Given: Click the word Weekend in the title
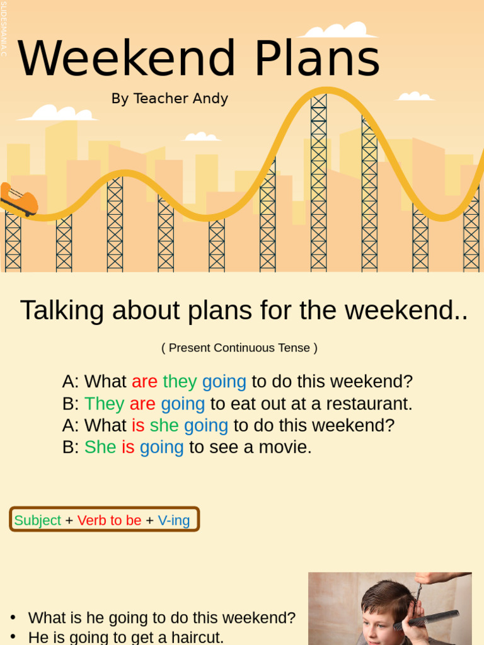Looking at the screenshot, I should point(127,59).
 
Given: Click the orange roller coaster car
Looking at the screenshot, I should point(19,200).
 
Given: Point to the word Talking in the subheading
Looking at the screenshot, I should point(62,311).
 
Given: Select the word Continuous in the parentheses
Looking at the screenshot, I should point(245,348).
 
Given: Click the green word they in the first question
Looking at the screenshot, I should point(180,382).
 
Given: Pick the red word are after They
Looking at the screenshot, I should point(142,404).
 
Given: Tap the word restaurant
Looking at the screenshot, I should point(369,404).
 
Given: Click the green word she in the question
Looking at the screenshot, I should point(164,426).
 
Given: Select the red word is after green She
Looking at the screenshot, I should point(128,448).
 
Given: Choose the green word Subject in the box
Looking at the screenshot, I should point(37,521).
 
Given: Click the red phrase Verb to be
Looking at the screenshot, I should point(109,521).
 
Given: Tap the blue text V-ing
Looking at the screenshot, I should point(173,521).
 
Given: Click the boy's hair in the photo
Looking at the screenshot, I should point(384,595).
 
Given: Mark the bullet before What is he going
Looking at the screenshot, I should point(13,618).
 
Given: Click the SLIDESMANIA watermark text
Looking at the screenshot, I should point(4,28).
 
